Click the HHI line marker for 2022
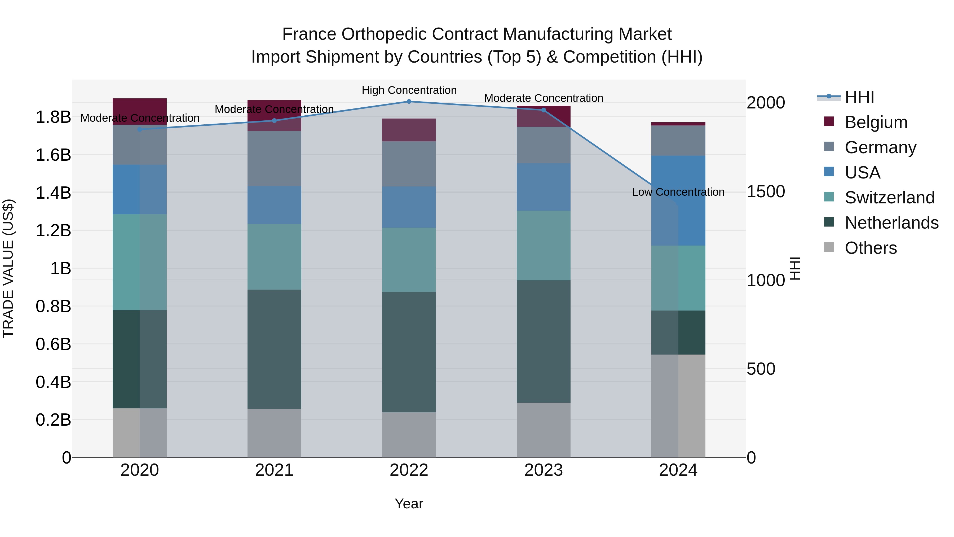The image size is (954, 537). point(409,102)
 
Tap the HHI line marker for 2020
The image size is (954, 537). point(140,129)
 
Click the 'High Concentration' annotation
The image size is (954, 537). point(409,90)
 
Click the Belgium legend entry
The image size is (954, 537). point(876,122)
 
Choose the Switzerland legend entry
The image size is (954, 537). point(889,198)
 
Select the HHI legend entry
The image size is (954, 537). point(859,97)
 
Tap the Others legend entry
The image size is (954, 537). point(870,248)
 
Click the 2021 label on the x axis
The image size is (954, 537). point(274,470)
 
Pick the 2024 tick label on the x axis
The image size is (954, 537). point(678,470)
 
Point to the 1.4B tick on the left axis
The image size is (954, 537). point(53,193)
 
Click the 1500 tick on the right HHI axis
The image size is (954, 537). point(766,192)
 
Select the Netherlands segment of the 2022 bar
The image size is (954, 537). point(409,352)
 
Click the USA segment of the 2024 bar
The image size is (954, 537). point(678,200)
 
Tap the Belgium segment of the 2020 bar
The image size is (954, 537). point(140,111)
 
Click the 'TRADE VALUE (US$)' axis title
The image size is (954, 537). point(8,268)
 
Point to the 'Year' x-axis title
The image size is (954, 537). point(409,504)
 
